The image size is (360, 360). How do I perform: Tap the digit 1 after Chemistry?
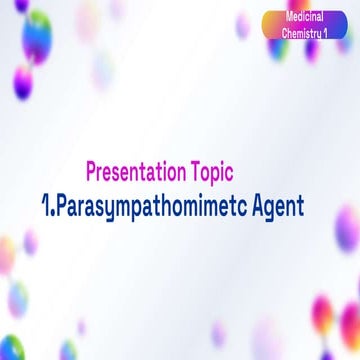click(338, 35)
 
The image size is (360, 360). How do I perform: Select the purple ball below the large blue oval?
click(21, 86)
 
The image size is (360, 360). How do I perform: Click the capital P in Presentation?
click(92, 173)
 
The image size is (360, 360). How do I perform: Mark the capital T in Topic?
click(190, 173)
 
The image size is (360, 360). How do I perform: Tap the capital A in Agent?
click(255, 205)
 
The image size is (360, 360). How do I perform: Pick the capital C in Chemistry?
click(286, 35)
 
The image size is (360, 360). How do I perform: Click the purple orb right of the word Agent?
click(349, 227)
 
